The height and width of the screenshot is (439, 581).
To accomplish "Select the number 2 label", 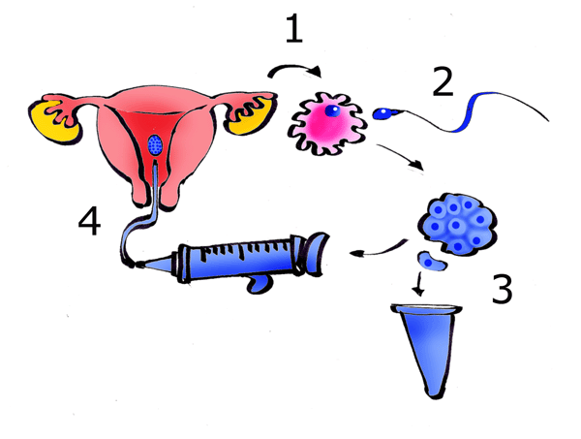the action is click(x=443, y=82).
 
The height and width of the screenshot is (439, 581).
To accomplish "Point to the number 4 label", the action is click(x=89, y=225).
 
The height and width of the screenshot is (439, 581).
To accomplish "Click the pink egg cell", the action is click(x=328, y=125).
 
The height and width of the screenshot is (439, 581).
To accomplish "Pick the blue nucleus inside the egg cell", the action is click(x=332, y=111).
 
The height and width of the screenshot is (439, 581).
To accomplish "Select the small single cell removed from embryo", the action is click(x=432, y=261).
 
